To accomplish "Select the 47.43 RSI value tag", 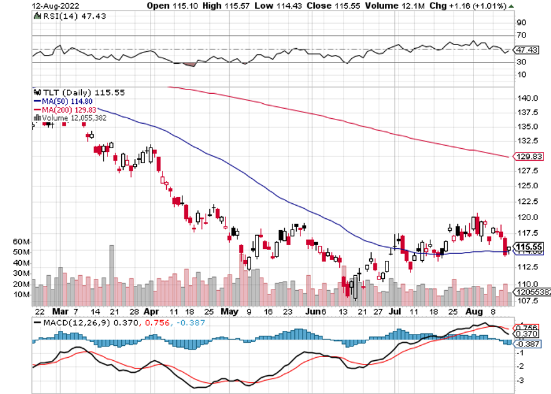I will click(x=524, y=49).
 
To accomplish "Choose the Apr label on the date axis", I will click(x=151, y=311).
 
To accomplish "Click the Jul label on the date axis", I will click(x=395, y=311).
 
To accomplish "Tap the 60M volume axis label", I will click(x=21, y=241).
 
